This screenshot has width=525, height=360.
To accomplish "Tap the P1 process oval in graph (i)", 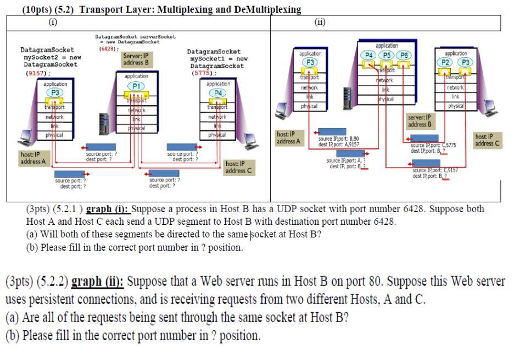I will (x=136, y=86).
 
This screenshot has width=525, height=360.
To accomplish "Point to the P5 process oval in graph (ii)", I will (x=387, y=55).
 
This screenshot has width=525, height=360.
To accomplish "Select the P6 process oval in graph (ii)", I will (x=404, y=55).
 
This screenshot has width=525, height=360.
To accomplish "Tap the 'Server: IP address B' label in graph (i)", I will (x=136, y=59).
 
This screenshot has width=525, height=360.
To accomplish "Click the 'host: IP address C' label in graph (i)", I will (x=239, y=168).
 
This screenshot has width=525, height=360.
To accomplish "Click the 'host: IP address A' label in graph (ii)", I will (x=288, y=137).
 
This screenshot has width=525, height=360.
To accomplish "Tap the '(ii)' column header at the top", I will (x=320, y=23).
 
